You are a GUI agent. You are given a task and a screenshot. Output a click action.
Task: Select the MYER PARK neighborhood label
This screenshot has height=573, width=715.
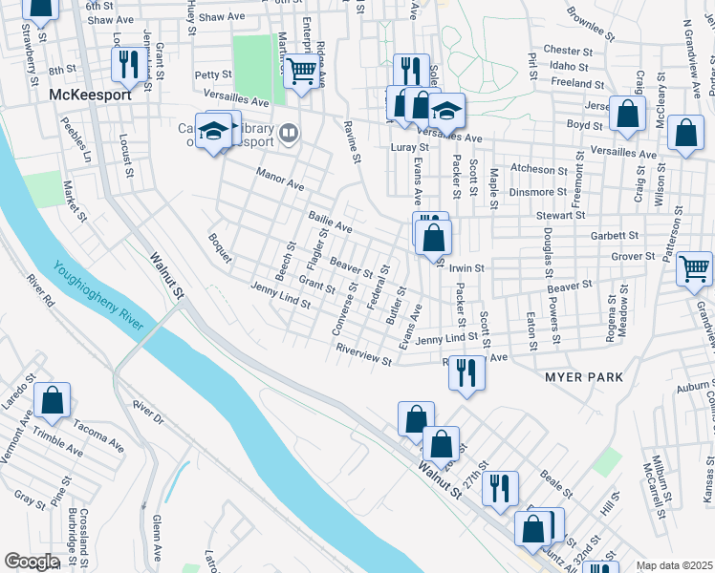tap(583, 377)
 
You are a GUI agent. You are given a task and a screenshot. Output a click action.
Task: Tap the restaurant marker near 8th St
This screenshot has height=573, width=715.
tap(126, 65)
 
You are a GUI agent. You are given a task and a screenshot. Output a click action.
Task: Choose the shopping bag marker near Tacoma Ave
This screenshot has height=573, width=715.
tap(52, 400)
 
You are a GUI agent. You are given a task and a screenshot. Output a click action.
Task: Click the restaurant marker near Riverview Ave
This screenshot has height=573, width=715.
tap(466, 371)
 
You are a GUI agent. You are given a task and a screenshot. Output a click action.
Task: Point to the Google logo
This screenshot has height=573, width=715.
tap(31, 562)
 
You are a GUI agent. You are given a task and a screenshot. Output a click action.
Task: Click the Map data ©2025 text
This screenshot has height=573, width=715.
tap(674, 565)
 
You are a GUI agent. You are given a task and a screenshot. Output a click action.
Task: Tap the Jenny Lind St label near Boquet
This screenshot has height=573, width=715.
tap(280, 297)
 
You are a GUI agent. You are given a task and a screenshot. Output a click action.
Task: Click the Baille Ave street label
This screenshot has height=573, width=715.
tap(330, 223)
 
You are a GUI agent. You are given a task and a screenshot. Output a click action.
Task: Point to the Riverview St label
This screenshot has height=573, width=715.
tap(363, 354)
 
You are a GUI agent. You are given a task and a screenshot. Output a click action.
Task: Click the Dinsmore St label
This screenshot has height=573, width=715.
tap(538, 192)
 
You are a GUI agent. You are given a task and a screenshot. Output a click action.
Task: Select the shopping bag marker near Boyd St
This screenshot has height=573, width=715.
tap(626, 114)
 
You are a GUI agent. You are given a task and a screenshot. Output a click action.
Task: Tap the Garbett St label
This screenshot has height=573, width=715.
tap(614, 235)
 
